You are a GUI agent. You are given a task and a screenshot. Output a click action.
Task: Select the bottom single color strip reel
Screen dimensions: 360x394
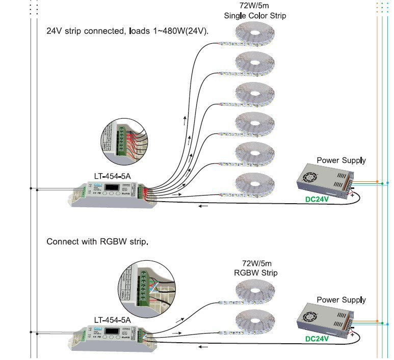point(254,184)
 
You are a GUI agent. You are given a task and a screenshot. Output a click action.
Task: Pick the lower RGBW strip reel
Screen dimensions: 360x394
point(254,322)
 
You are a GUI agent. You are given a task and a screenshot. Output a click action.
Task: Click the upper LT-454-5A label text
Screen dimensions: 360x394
point(112,177)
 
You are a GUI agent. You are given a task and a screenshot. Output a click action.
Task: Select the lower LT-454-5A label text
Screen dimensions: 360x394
point(112,320)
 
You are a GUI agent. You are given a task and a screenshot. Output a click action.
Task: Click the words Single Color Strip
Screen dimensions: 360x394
point(255,16)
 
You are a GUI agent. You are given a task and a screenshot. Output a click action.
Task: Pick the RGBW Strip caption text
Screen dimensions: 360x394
point(255,273)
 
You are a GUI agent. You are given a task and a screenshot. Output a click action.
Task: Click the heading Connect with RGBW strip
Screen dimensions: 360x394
point(97,241)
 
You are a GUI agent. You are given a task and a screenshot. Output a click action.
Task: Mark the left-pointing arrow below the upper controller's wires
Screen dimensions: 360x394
point(203,206)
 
